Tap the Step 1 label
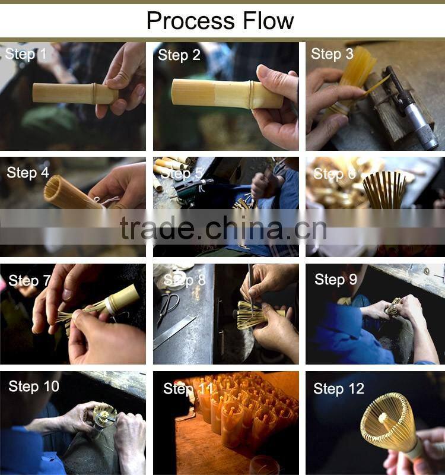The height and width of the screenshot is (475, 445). (x=26, y=54)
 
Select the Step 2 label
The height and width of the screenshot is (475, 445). (x=179, y=55)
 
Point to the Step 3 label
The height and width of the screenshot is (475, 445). (x=332, y=54)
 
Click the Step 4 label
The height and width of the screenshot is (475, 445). (x=28, y=173)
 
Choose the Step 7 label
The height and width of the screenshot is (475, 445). (x=30, y=280)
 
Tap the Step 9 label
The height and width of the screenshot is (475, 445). (x=336, y=279)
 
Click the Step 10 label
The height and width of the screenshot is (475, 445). (x=34, y=387)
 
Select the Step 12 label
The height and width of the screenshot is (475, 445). (x=339, y=389)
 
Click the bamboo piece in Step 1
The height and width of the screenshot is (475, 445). (x=75, y=94)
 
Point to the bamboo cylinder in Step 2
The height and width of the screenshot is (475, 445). (x=227, y=93)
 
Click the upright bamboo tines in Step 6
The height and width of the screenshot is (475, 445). (x=384, y=189)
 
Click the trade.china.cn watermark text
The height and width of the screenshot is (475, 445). (x=223, y=228)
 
